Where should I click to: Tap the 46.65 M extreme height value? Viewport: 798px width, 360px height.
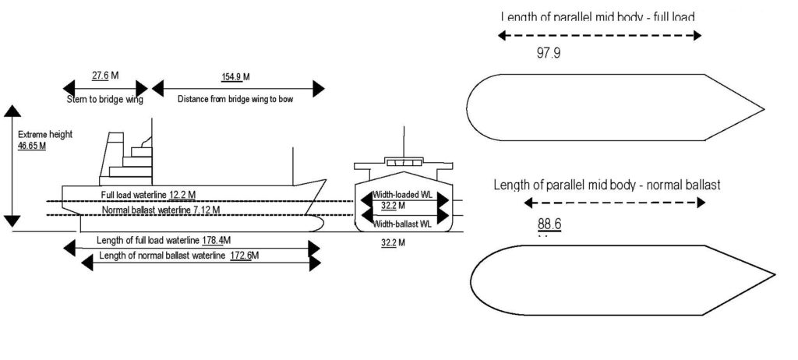(x=32, y=145)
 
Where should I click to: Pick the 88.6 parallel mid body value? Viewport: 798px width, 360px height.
(x=549, y=224)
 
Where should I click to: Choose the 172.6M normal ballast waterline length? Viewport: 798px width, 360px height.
(x=245, y=256)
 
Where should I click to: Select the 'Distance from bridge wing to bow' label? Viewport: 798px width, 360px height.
(x=236, y=99)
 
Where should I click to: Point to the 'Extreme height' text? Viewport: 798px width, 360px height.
(x=44, y=134)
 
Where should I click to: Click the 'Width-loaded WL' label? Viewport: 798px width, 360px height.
(x=402, y=194)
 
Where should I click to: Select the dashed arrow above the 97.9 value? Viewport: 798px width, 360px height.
(x=599, y=35)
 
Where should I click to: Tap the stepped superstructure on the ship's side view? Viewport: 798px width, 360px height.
(x=125, y=160)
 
